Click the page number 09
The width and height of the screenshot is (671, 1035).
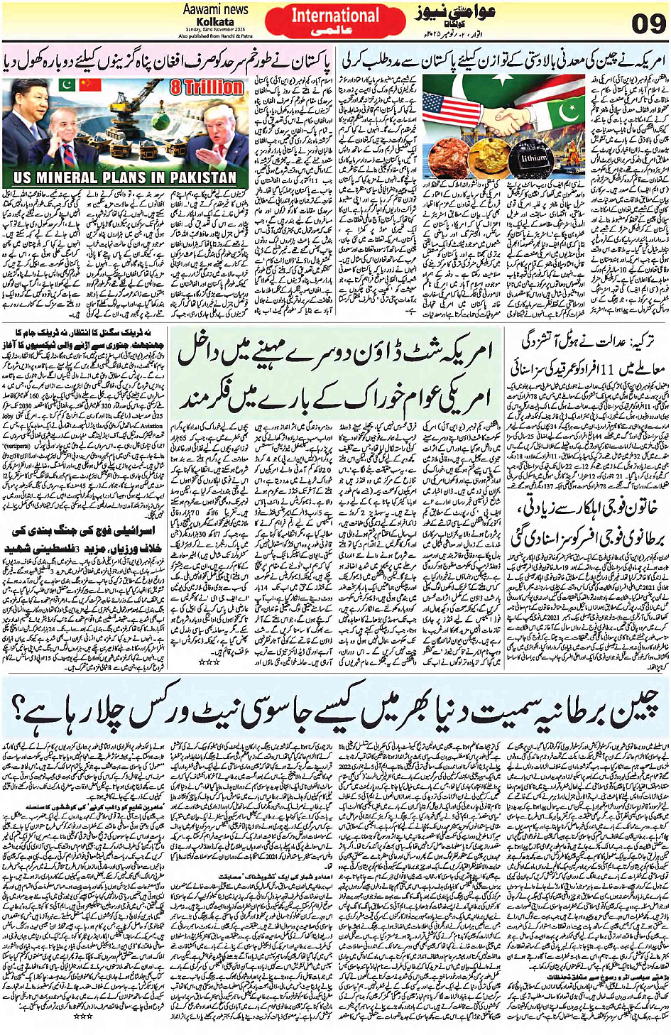[x=647, y=23]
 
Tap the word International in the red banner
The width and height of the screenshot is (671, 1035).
[x=335, y=16]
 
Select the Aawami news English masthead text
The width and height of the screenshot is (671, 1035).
[x=215, y=9]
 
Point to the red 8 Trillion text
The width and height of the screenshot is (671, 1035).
[x=206, y=87]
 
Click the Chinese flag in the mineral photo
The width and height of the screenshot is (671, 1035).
[x=89, y=85]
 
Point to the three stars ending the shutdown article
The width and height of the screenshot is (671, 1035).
[x=209, y=662]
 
